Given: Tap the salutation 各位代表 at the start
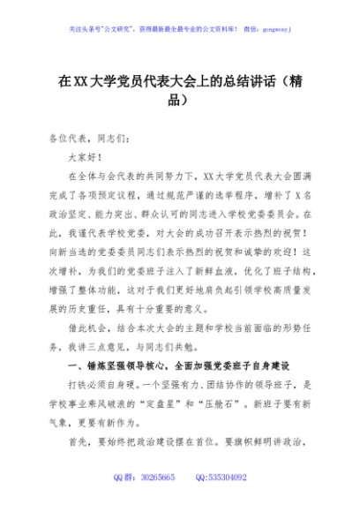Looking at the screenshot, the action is [76, 139].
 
